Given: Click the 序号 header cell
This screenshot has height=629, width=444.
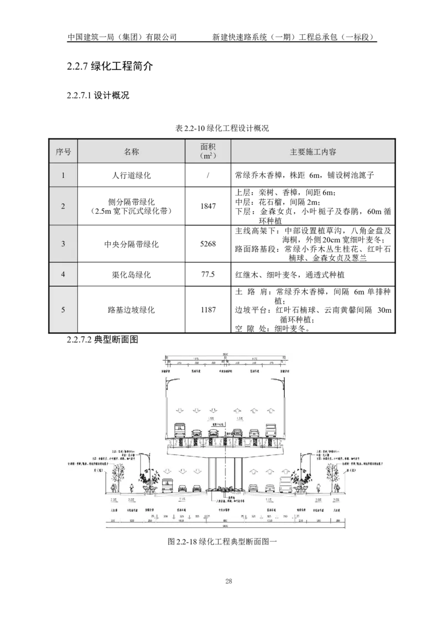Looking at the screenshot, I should (x=63, y=152).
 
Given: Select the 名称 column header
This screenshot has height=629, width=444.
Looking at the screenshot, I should (x=132, y=152).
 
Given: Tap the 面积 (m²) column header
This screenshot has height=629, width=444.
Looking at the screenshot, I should (x=208, y=152).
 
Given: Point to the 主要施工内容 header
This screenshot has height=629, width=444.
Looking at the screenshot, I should (x=312, y=152).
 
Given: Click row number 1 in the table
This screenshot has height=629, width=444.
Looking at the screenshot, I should (x=63, y=176).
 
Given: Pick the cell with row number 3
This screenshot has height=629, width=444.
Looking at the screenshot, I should (x=63, y=243).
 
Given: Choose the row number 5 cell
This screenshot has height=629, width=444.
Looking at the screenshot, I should (x=63, y=309).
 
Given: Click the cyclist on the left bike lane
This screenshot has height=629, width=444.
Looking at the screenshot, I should (x=132, y=488).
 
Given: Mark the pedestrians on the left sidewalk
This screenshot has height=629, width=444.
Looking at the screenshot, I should (x=113, y=488).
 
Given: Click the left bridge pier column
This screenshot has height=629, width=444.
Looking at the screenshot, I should (x=212, y=472).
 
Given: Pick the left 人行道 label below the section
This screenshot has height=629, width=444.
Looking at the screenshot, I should (x=113, y=508).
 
